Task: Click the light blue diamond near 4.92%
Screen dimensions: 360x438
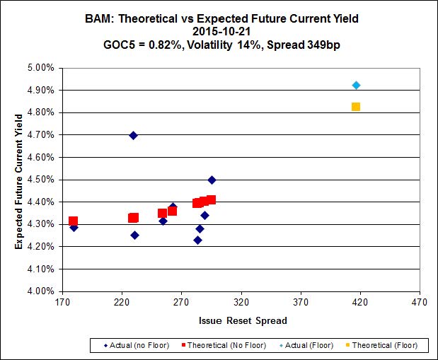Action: pos(357,86)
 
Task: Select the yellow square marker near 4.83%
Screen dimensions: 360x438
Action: pos(356,107)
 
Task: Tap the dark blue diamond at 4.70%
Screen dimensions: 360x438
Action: pos(133,135)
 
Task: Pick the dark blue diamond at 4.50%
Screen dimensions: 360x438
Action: pos(212,180)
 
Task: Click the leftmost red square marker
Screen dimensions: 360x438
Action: pos(73,221)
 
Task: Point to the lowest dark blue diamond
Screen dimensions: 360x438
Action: pos(197,240)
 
